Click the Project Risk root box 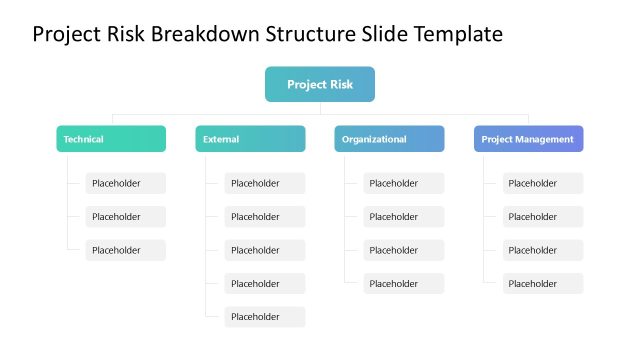click(320, 84)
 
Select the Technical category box click(111, 139)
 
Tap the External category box click(250, 139)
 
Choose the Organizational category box click(389, 139)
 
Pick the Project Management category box click(528, 139)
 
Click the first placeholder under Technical click(125, 183)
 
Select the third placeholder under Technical click(125, 250)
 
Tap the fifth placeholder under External click(264, 317)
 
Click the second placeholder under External click(264, 217)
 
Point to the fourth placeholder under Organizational click(403, 284)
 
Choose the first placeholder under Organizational click(403, 183)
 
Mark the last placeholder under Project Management click(542, 284)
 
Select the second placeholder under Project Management click(542, 217)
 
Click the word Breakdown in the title click(207, 35)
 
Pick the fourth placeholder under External click(264, 284)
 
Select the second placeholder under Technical click(125, 217)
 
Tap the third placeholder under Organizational click(403, 250)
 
